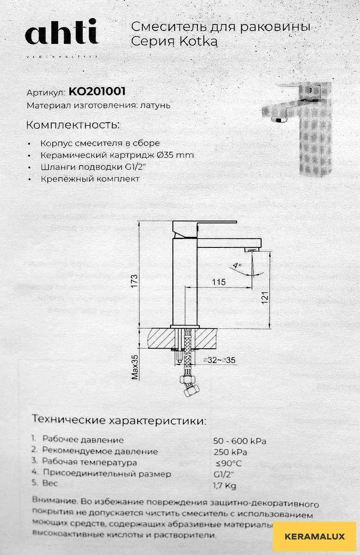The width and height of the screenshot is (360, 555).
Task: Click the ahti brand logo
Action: pyautogui.click(x=61, y=34)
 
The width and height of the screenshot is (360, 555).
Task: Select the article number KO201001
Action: pyautogui.click(x=97, y=92)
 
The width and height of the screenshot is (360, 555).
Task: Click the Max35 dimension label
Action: pyautogui.click(x=135, y=366)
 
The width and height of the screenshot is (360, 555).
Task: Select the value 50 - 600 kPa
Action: pyautogui.click(x=239, y=440)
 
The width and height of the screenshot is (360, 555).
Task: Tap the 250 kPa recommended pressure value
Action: pyautogui.click(x=230, y=451)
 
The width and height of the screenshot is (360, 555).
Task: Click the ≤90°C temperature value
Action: pyautogui.click(x=228, y=462)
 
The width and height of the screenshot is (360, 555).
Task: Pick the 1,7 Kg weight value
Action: pyautogui.click(x=225, y=485)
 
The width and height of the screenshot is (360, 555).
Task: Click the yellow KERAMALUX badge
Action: pyautogui.click(x=315, y=537)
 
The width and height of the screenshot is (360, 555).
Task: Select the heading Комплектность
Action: pyautogui.click(x=73, y=125)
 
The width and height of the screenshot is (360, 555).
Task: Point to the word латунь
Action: pyautogui.click(x=154, y=105)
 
